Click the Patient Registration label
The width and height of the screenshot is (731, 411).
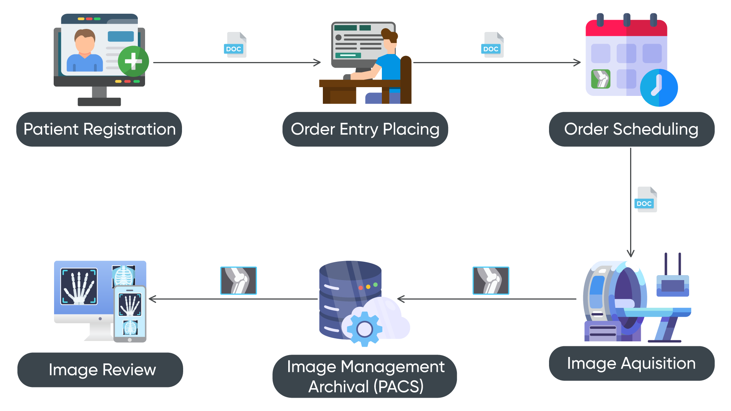pyautogui.click(x=99, y=129)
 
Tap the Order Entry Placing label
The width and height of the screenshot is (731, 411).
pyautogui.click(x=365, y=129)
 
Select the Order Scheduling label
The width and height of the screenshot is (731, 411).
pyautogui.click(x=631, y=129)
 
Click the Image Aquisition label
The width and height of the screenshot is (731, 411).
pyautogui.click(x=631, y=363)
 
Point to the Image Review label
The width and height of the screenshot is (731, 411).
pyautogui.click(x=102, y=370)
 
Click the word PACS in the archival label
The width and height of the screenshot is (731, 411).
pyautogui.click(x=398, y=387)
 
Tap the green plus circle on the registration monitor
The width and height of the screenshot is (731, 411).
pyautogui.click(x=133, y=61)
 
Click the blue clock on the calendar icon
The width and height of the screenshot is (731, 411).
pyautogui.click(x=659, y=88)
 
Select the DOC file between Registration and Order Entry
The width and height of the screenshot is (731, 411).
pyautogui.click(x=235, y=45)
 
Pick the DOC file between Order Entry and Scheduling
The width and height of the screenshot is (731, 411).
pyautogui.click(x=493, y=45)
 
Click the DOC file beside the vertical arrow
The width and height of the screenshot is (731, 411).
pyautogui.click(x=645, y=200)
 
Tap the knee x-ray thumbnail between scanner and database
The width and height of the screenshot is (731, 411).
pyautogui.click(x=491, y=280)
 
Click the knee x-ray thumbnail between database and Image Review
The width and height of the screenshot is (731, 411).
pyautogui.click(x=238, y=280)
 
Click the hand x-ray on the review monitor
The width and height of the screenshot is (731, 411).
pyautogui.click(x=79, y=286)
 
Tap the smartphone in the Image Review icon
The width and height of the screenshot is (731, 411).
pyautogui.click(x=130, y=314)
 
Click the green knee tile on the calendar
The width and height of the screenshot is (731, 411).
pyautogui.click(x=601, y=79)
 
